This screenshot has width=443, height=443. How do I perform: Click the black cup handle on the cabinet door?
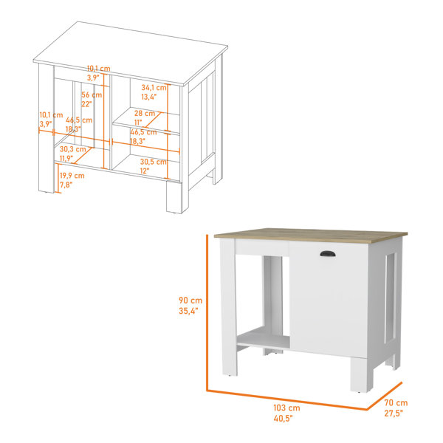[x=328, y=254]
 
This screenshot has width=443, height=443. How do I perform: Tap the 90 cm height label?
[x=190, y=301]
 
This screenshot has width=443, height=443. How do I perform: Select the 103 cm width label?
[x=286, y=408]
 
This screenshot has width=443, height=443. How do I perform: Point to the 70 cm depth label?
[x=396, y=402]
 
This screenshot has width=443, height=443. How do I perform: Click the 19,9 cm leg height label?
[x=72, y=176]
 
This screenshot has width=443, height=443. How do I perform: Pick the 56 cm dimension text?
[x=92, y=95]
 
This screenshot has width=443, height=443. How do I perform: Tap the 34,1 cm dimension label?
[x=154, y=88]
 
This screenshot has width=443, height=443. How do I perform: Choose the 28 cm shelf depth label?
[x=145, y=113]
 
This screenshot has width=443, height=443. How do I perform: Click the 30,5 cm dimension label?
[x=154, y=162]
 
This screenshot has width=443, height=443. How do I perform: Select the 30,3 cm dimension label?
[x=72, y=149]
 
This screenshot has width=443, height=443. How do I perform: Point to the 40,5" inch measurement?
[x=283, y=418]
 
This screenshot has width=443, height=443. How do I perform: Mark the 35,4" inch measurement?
[x=188, y=311]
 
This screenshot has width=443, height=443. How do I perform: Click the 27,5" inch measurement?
[x=394, y=413]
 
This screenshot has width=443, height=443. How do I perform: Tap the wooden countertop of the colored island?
[x=311, y=235]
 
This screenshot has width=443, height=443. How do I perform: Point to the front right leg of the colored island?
[x=362, y=374]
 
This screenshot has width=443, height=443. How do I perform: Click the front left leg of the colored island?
[x=229, y=307]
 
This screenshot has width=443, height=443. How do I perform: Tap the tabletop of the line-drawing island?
[x=131, y=53]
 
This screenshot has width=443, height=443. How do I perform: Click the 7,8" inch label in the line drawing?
[x=66, y=185]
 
